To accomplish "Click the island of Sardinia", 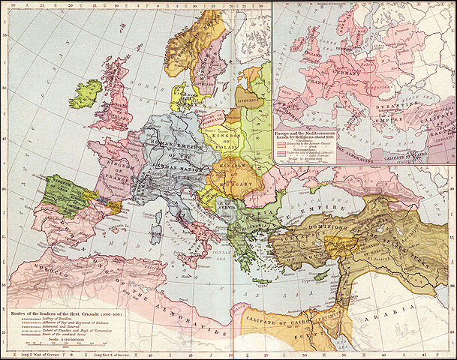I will tap(158, 237).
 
